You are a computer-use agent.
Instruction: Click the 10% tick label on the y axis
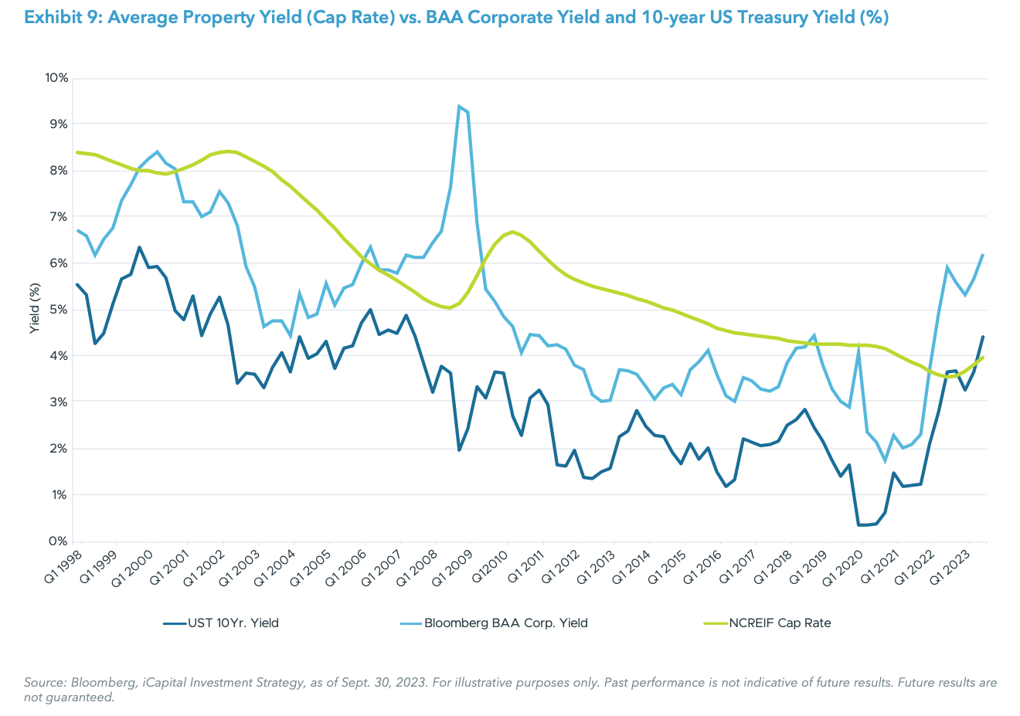pos(56,78)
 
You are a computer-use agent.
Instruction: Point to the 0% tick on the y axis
pos(59,541)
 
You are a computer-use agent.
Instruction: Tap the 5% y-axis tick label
pos(59,310)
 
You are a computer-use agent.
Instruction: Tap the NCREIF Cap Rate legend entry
pos(780,623)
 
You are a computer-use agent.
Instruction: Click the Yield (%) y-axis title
pos(34,309)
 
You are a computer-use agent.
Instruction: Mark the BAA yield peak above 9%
pos(459,107)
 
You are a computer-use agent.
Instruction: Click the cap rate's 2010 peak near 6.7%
pos(512,232)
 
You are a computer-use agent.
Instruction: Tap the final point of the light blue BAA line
pos(983,255)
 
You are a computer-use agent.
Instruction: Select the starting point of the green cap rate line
pos(77,152)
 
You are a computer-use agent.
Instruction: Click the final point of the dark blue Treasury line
pos(983,337)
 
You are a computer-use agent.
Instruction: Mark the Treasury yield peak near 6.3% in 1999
pos(139,247)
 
